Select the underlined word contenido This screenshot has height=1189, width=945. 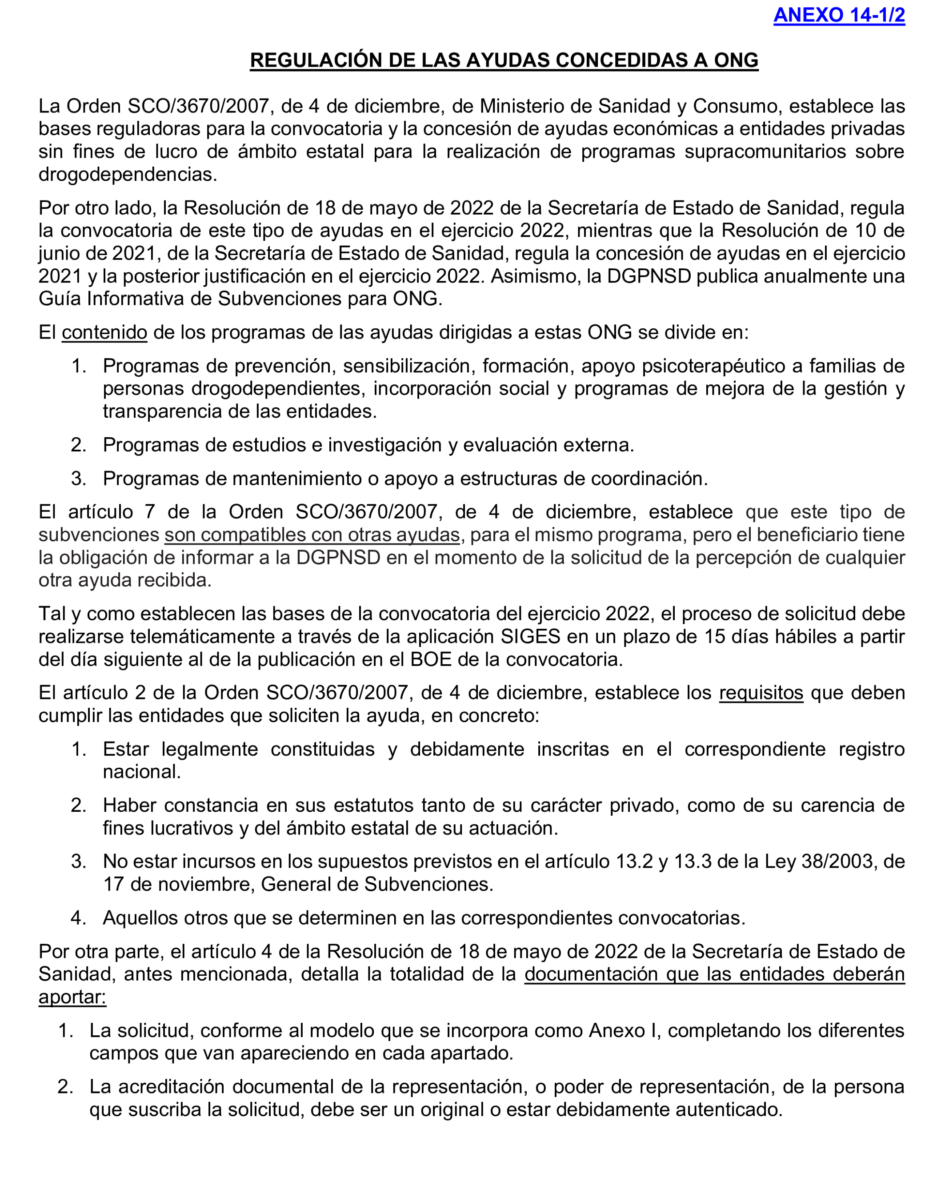click(x=104, y=332)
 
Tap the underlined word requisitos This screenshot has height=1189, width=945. click(x=761, y=693)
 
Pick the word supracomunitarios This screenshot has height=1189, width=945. click(x=765, y=151)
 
